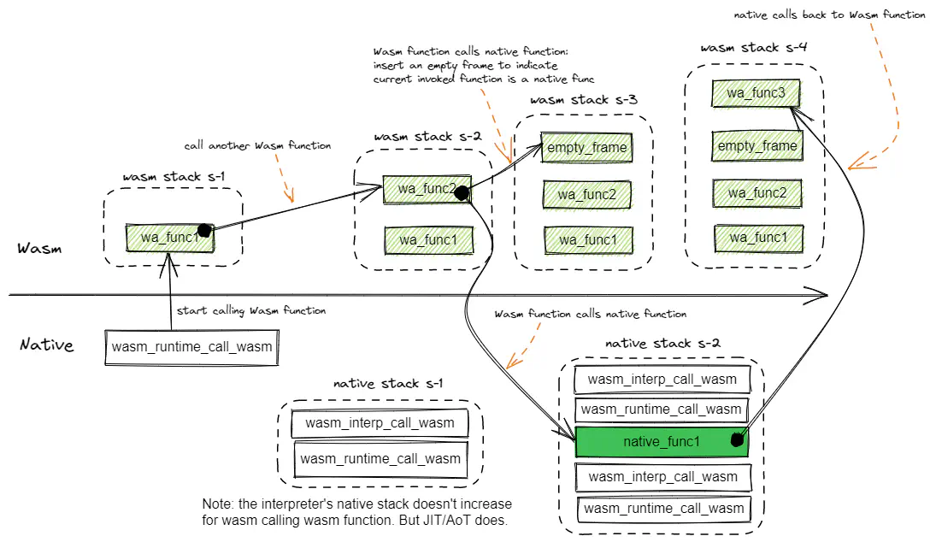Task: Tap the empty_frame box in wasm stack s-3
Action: click(x=586, y=147)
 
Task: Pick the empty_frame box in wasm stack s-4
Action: click(x=756, y=146)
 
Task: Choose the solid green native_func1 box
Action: click(x=662, y=441)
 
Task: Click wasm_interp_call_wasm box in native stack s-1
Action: click(x=380, y=423)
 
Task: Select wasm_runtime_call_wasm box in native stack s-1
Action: click(x=380, y=459)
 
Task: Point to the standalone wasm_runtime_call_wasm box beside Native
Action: click(x=191, y=347)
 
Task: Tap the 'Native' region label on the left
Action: click(x=47, y=345)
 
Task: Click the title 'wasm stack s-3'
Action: click(x=584, y=100)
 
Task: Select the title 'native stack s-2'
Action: click(x=662, y=344)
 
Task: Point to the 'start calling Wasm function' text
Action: click(x=250, y=310)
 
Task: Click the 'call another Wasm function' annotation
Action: click(x=257, y=146)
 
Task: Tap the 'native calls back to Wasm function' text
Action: click(x=829, y=15)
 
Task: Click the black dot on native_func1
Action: click(x=736, y=441)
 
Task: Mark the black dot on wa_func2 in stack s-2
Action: click(x=461, y=193)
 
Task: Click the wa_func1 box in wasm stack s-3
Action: click(x=589, y=239)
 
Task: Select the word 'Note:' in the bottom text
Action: click(x=220, y=504)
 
